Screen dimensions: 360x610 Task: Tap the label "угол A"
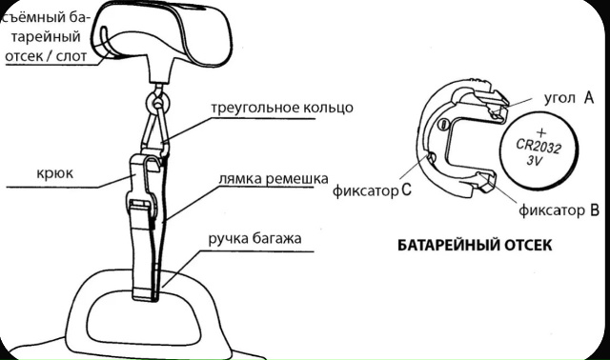tap(568, 97)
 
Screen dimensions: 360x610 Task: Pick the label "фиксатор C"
tap(373, 190)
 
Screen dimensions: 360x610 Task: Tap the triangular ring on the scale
tap(159, 129)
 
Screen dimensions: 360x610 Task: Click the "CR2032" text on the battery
tap(541, 145)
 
